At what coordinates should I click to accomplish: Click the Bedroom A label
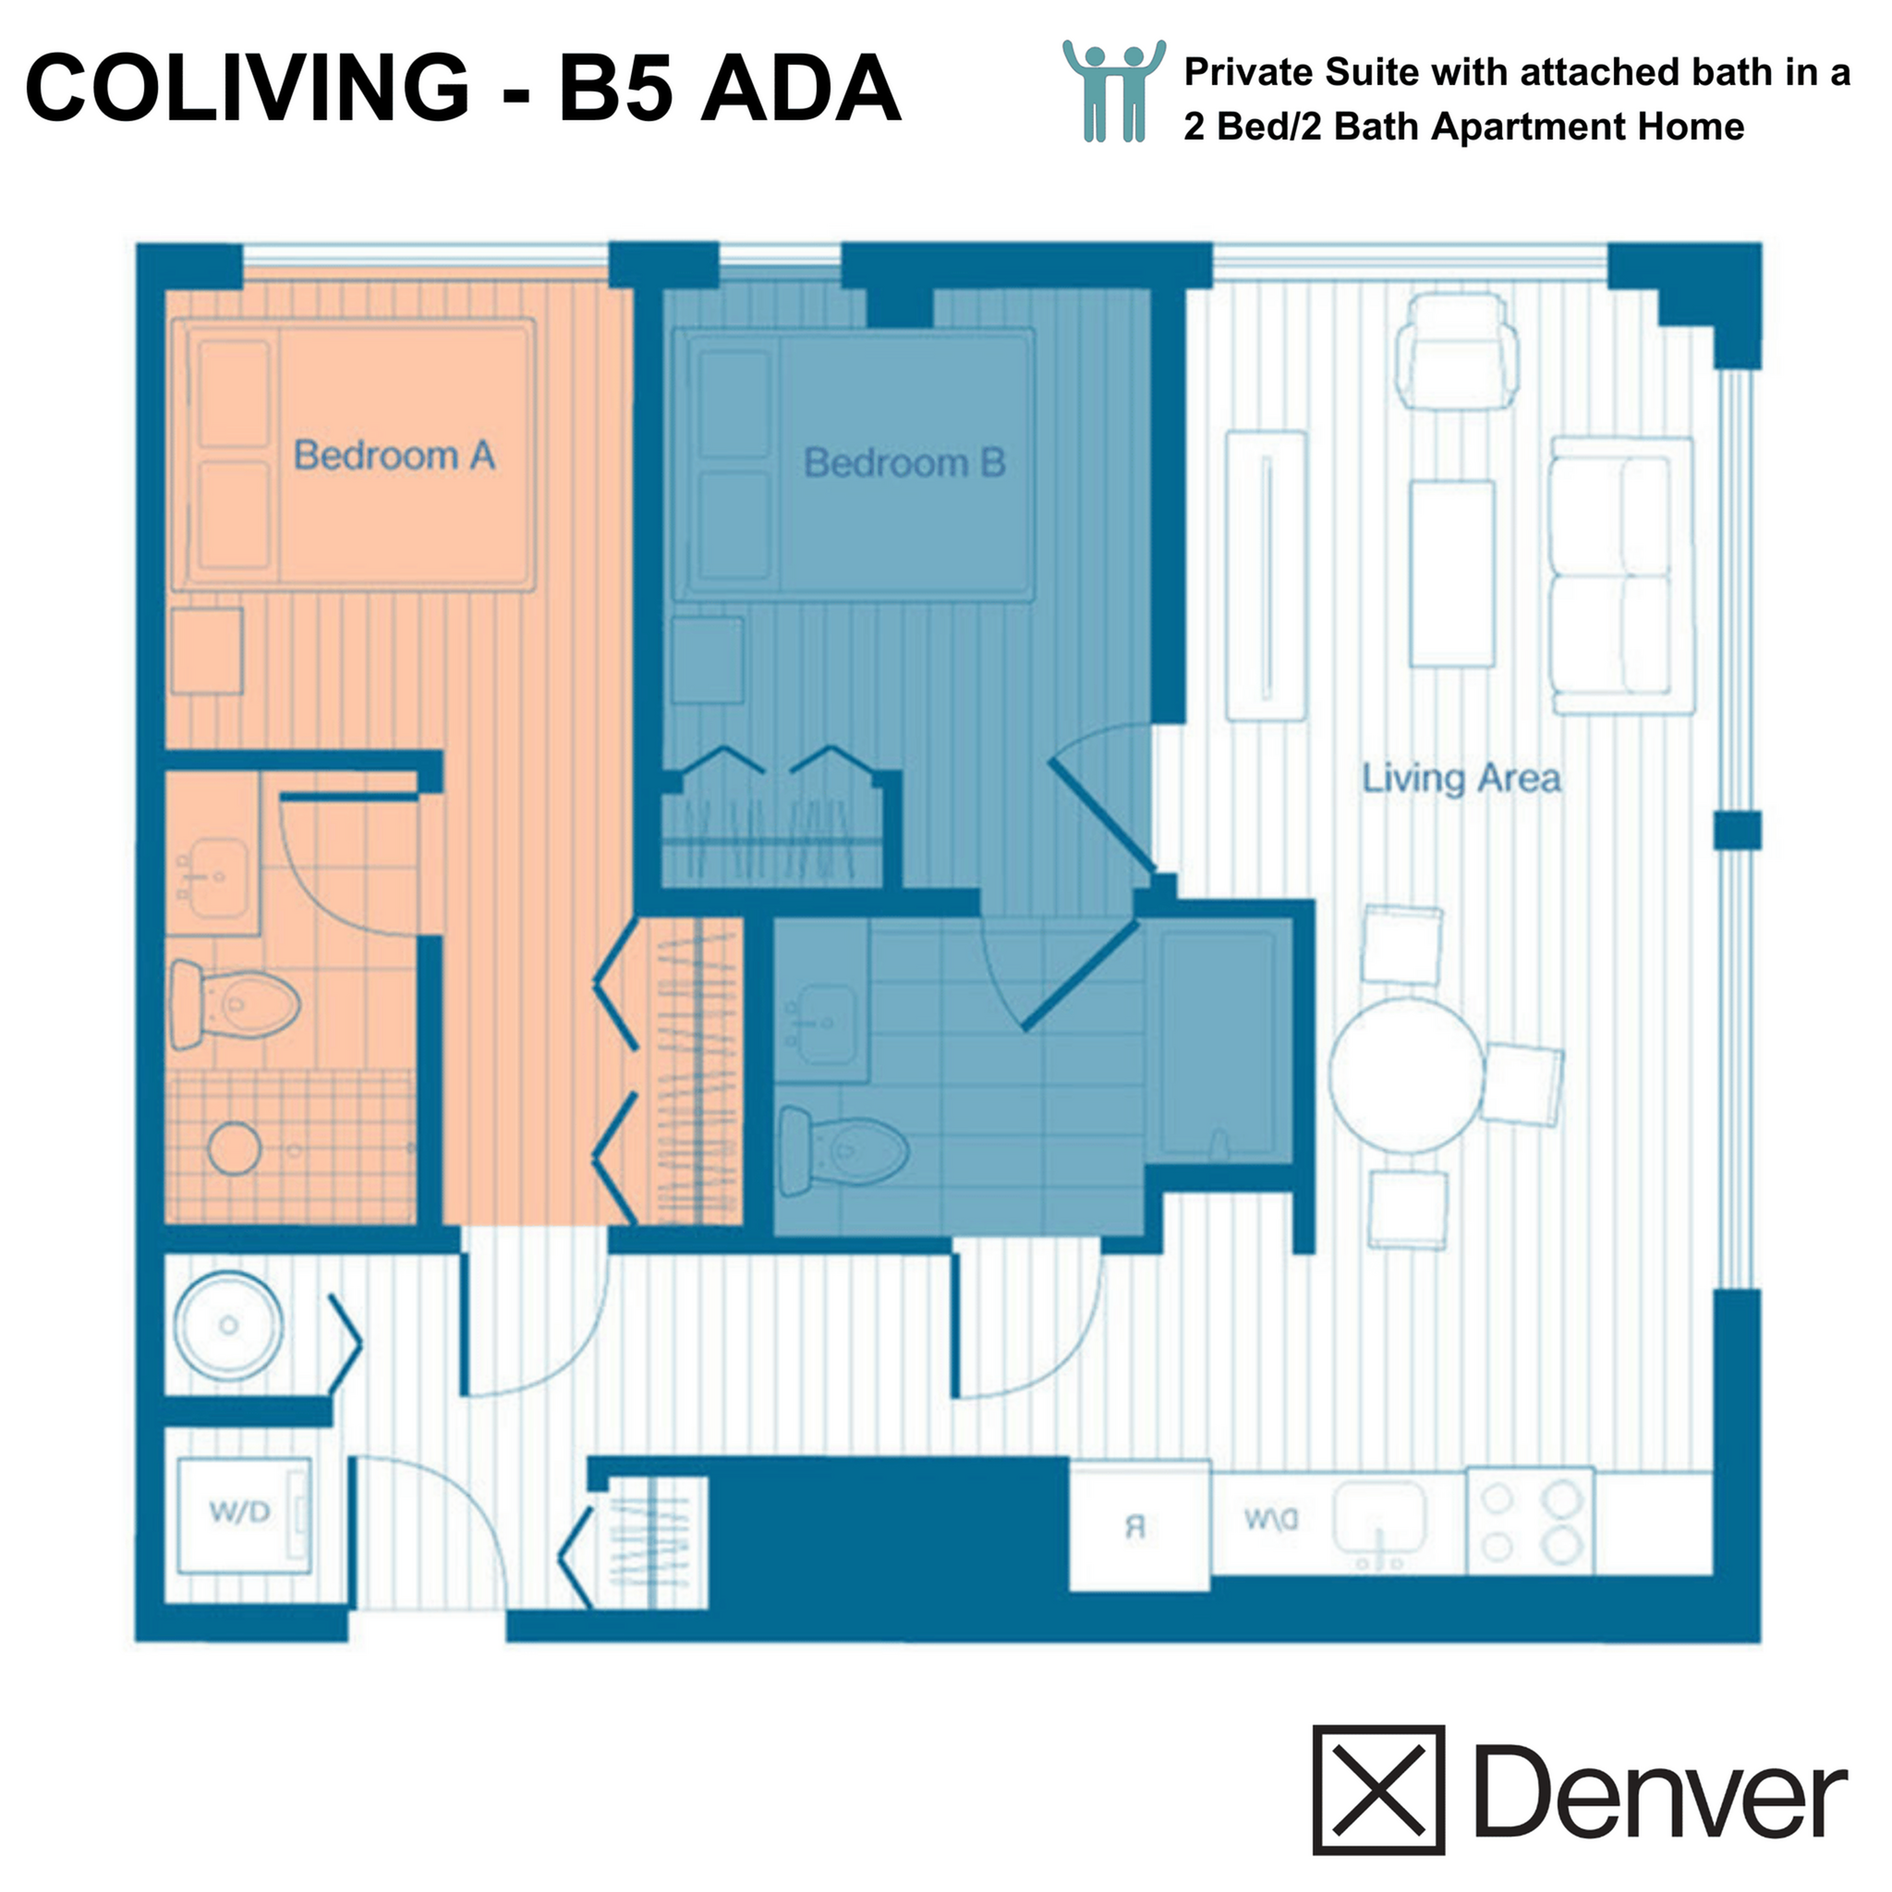pos(394,456)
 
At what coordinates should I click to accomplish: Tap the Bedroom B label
pos(904,463)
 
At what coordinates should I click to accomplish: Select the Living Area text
pos(1461,780)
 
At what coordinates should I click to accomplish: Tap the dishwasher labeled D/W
pos(1271,1520)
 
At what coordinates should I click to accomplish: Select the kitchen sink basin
pos(1381,1516)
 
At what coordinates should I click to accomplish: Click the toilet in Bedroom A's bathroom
pos(235,1004)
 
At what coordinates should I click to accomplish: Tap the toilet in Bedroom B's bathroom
pos(843,1151)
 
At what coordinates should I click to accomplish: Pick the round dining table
pos(1406,1075)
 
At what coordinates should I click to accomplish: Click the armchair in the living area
pos(1456,353)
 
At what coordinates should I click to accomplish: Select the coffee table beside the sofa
pos(1451,574)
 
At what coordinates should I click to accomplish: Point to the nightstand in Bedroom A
pos(207,651)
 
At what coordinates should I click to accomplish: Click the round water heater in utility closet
pos(229,1325)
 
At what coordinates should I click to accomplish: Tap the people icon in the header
pos(1113,91)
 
